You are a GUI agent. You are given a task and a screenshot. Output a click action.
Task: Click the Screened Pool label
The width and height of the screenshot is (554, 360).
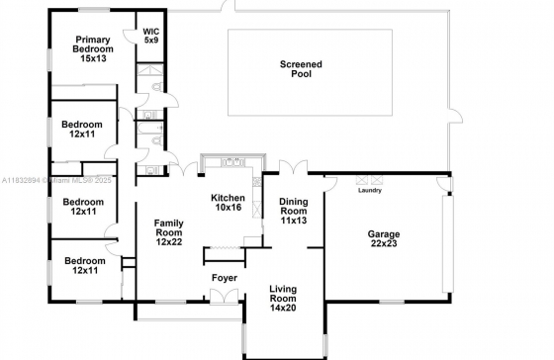point(301,69)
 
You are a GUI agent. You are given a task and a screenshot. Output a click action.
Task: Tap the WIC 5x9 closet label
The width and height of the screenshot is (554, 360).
point(150,36)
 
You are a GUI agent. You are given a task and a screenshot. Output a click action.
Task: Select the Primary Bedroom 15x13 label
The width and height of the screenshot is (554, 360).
point(93,48)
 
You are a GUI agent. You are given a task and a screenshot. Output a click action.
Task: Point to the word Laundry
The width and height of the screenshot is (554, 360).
point(370,191)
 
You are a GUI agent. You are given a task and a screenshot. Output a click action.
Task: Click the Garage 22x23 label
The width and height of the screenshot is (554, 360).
point(384,238)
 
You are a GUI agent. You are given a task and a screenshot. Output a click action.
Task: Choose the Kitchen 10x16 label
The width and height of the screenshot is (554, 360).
point(228,203)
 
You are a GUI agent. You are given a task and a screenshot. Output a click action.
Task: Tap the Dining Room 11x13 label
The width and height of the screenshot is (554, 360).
point(294,211)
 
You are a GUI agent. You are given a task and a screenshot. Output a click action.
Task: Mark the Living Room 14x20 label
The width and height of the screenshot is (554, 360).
point(283,298)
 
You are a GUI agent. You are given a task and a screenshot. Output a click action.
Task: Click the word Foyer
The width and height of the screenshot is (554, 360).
point(225,278)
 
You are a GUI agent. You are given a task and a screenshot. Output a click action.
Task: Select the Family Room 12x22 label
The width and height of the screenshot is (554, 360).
point(169,232)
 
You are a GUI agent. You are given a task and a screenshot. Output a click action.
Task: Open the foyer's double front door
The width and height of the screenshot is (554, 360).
point(224,296)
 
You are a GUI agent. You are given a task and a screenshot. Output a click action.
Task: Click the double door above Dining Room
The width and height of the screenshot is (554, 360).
point(293,167)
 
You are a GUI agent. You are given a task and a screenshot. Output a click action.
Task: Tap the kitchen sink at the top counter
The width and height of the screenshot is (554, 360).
point(232,162)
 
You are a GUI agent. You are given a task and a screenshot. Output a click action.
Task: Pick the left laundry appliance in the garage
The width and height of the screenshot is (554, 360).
point(362,180)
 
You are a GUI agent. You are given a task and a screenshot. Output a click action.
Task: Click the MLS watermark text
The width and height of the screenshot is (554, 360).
point(56,180)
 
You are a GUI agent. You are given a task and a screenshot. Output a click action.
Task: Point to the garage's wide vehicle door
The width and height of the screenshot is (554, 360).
point(448,243)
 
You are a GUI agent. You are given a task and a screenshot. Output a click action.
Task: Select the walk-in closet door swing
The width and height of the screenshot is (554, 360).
point(130,37)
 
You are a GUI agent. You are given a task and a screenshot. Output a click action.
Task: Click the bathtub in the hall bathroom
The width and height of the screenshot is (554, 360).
point(149,129)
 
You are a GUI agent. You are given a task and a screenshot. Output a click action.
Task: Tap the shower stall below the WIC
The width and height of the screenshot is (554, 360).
point(150,69)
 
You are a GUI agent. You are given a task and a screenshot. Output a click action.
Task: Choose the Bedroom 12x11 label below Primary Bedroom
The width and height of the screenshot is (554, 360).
point(82,129)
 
